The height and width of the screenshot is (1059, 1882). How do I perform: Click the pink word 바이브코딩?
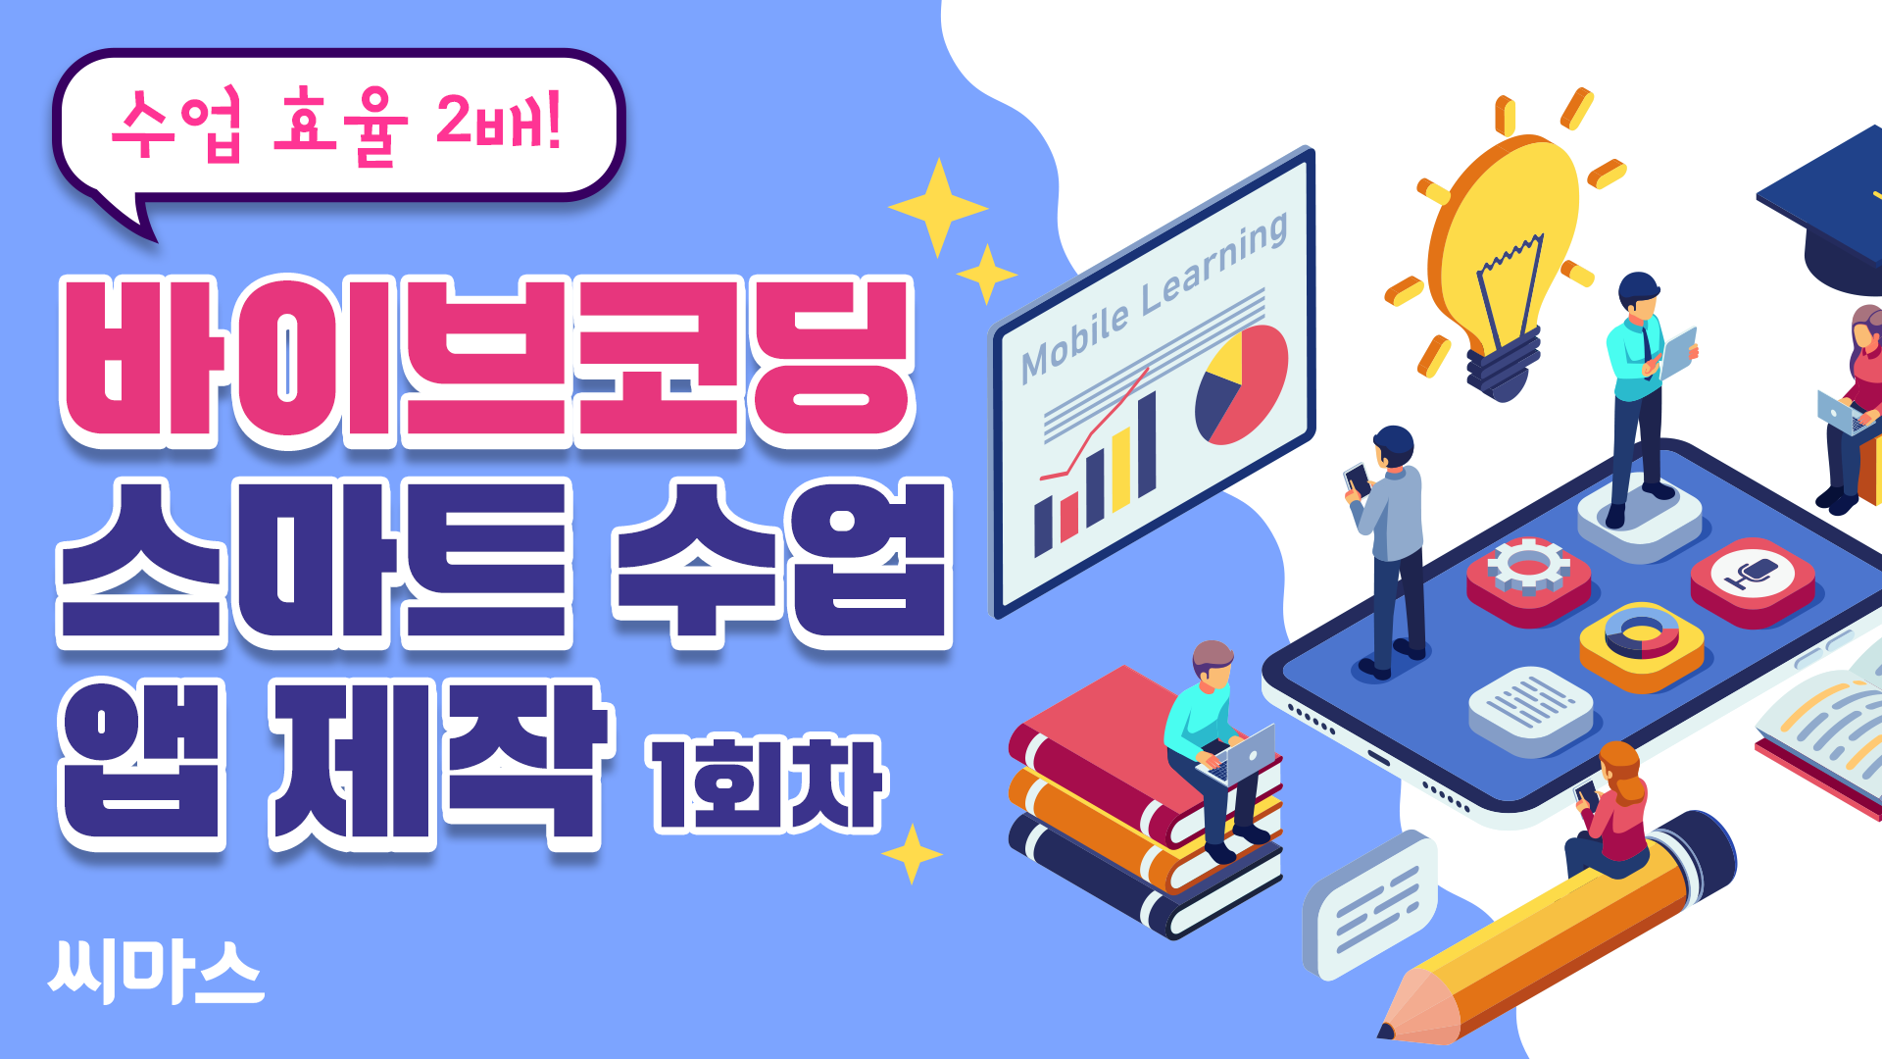(x=487, y=361)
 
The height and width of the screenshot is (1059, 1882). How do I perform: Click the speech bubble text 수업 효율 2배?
(x=336, y=126)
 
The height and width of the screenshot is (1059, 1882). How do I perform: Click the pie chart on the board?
(x=1241, y=384)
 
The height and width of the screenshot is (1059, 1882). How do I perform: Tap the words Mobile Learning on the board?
(x=1154, y=297)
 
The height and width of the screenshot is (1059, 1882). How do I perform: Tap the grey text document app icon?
(x=1530, y=711)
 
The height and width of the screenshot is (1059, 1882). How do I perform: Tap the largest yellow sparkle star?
(x=938, y=208)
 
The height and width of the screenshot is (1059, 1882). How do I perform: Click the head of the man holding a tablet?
(x=1638, y=294)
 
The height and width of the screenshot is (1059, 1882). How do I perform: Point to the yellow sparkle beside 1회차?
(x=912, y=854)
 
